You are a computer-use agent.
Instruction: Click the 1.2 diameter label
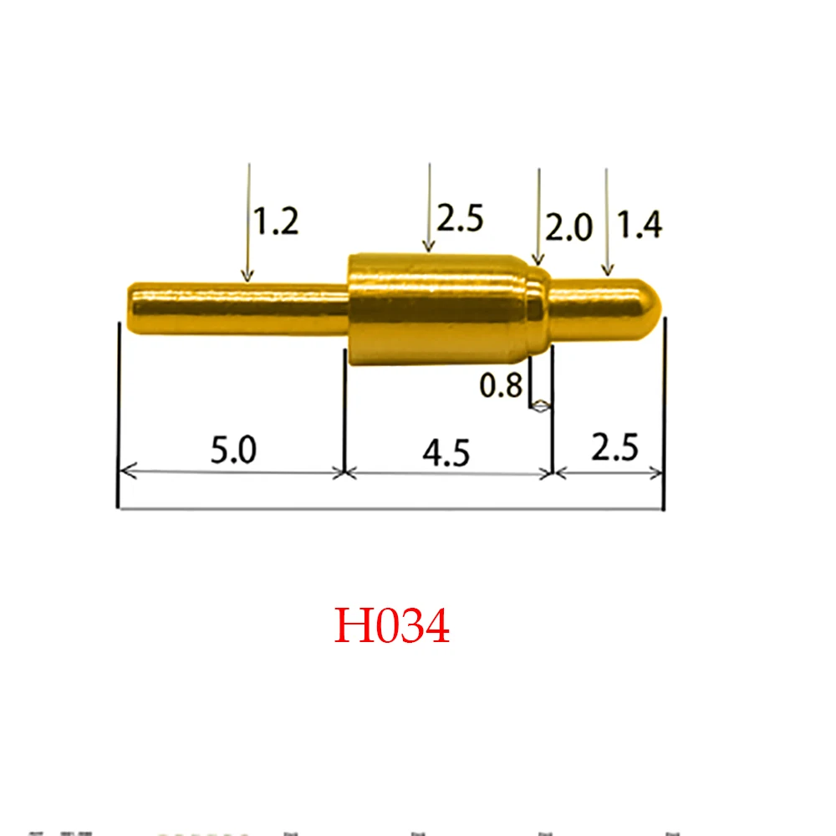[x=276, y=222]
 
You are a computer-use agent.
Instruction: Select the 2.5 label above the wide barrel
[x=460, y=219]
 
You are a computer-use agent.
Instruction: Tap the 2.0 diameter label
[x=568, y=227]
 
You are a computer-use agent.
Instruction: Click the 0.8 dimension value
[x=501, y=386]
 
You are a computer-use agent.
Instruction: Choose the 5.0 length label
[x=233, y=451]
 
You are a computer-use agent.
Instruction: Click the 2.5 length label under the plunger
[x=614, y=449]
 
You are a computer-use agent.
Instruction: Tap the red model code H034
[x=392, y=626]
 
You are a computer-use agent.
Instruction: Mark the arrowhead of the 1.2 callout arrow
[x=247, y=275]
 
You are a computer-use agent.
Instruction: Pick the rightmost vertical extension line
[x=663, y=418]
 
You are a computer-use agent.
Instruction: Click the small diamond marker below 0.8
[x=542, y=408]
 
